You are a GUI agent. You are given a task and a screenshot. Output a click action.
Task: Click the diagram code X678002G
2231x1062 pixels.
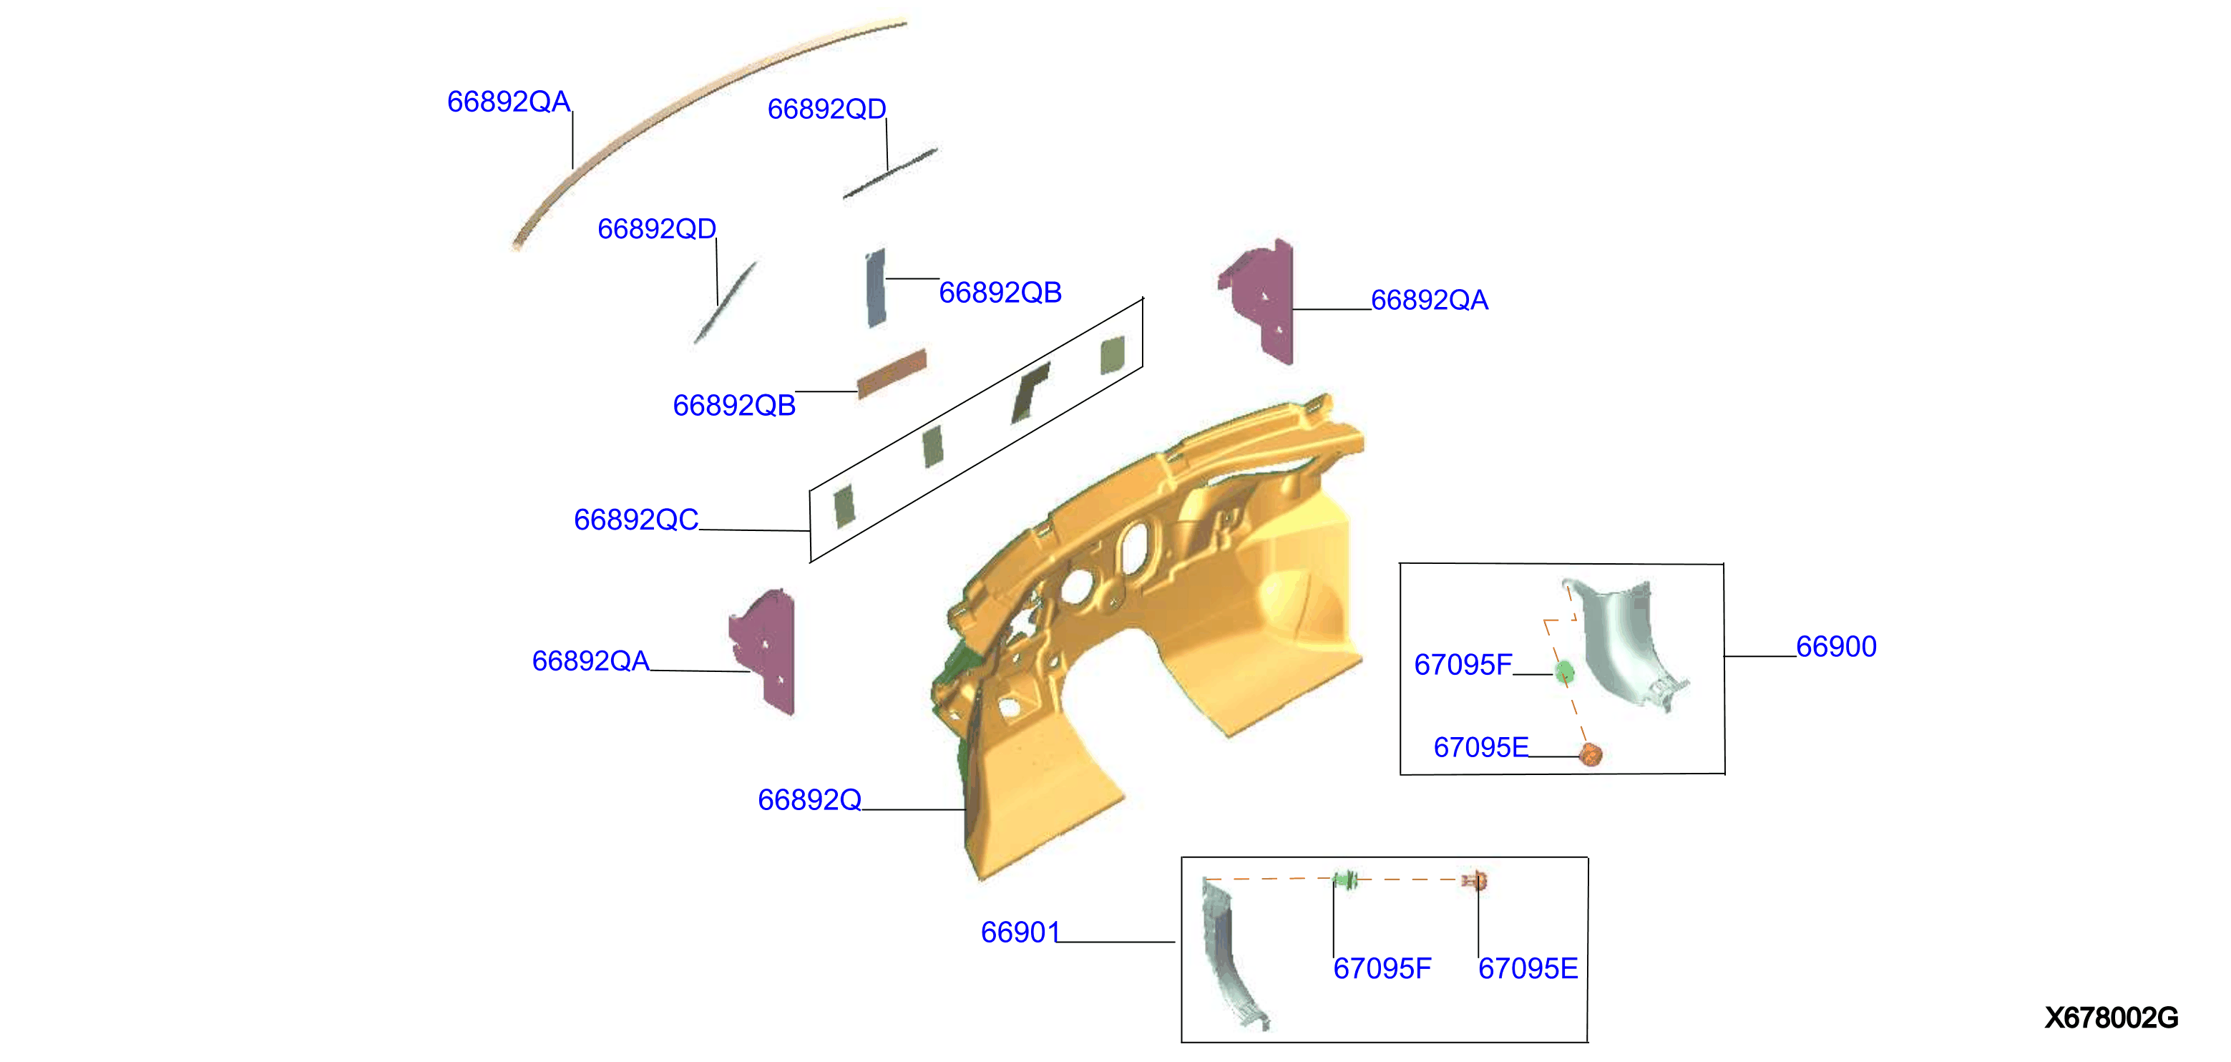click(2111, 1017)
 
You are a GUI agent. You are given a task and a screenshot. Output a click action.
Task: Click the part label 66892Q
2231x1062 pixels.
click(809, 799)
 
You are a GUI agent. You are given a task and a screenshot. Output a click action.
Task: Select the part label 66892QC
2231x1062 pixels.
click(635, 520)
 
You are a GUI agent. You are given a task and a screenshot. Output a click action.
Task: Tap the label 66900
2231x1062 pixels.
click(1835, 646)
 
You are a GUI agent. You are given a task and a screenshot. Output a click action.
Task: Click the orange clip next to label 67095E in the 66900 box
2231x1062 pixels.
click(1590, 754)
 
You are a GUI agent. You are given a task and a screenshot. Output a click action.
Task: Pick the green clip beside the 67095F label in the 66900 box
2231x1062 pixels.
click(1564, 672)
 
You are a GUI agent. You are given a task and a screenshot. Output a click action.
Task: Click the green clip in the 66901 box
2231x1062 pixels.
click(1345, 880)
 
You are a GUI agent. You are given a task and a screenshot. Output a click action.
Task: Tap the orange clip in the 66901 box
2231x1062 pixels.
click(1475, 881)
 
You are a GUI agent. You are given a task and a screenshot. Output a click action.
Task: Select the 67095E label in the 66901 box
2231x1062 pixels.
click(1527, 968)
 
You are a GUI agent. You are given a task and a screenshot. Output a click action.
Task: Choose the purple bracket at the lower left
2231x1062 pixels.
click(765, 651)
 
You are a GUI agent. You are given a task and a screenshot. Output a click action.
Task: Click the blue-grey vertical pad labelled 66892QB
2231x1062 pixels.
click(876, 288)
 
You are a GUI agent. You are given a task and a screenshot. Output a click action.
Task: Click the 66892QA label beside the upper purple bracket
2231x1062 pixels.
click(1429, 300)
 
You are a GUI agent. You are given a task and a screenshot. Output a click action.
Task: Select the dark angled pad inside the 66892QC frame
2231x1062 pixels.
click(1029, 392)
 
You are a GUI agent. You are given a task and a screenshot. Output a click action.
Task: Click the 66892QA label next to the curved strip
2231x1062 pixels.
click(509, 102)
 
